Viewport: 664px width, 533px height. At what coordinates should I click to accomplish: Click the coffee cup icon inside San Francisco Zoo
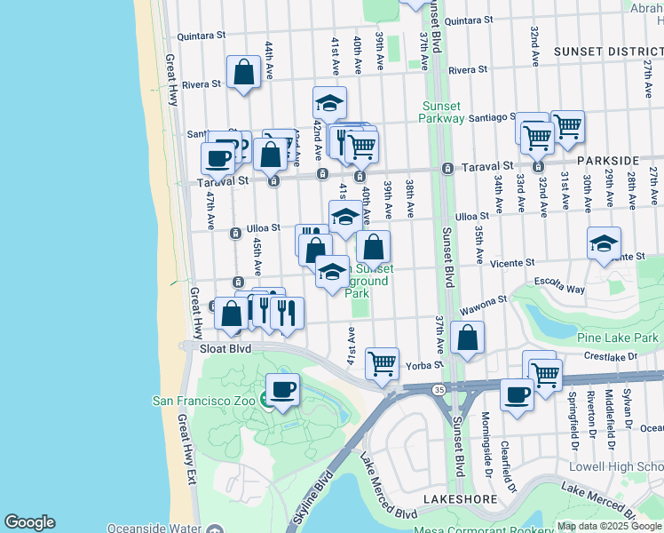click(283, 390)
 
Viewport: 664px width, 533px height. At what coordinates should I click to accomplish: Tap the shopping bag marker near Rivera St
click(243, 72)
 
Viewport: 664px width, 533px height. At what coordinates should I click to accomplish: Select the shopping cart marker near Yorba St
click(382, 362)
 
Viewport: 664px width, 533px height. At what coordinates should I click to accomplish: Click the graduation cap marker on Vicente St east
click(604, 243)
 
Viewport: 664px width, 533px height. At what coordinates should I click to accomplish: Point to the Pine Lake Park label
click(617, 338)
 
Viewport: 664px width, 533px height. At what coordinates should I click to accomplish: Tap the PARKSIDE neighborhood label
click(607, 160)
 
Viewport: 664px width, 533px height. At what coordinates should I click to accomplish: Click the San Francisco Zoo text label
click(203, 401)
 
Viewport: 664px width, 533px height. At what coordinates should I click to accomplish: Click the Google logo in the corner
click(29, 522)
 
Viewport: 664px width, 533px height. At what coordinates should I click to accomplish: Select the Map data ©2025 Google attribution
click(609, 526)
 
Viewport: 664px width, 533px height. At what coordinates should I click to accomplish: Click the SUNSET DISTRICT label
click(603, 52)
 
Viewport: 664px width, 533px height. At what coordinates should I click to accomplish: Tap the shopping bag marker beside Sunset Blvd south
click(467, 338)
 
